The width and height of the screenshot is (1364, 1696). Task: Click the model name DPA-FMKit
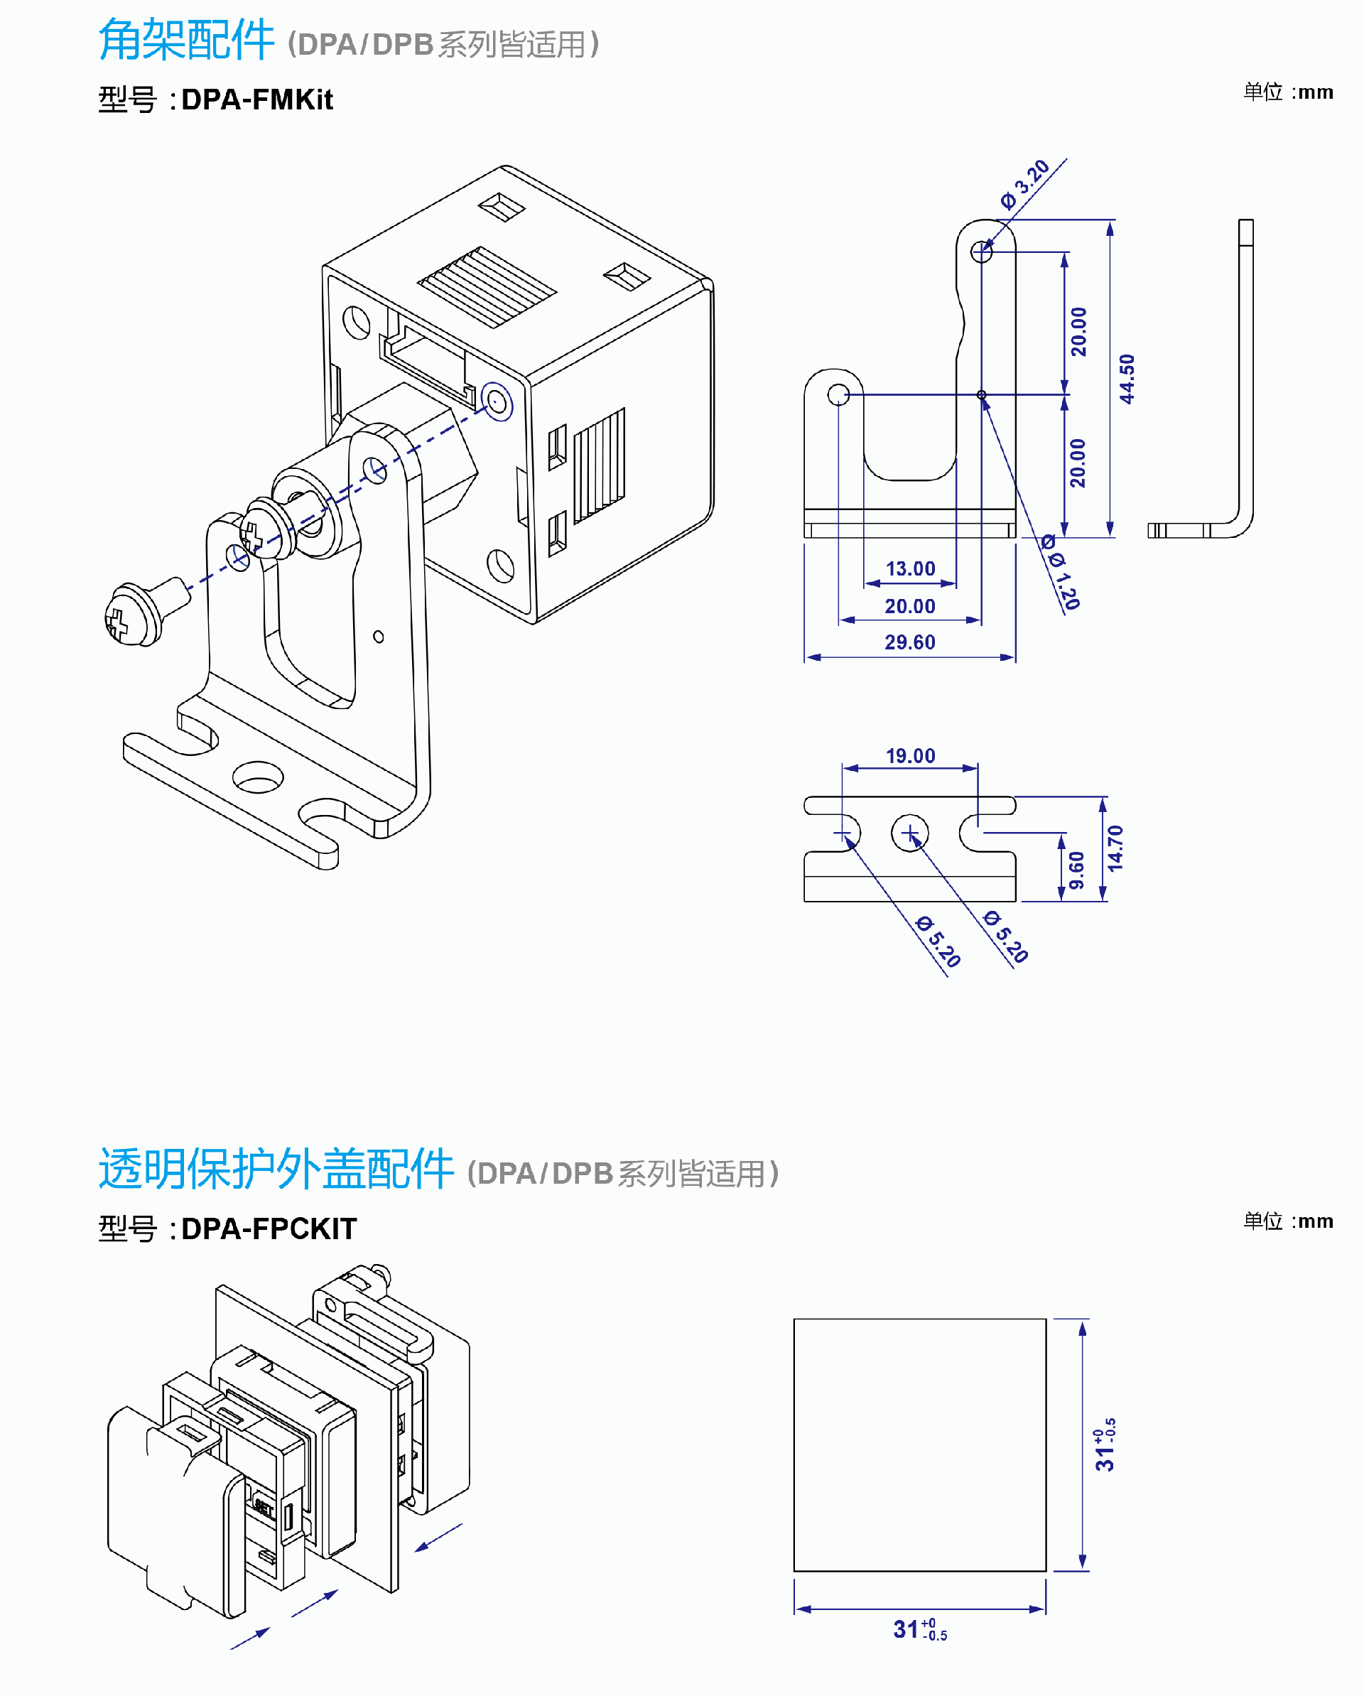pyautogui.click(x=256, y=100)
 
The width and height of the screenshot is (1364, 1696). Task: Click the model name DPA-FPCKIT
pyautogui.click(x=269, y=1228)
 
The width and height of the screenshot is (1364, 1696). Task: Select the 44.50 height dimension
pyautogui.click(x=1127, y=379)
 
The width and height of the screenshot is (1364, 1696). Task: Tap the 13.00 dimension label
pyautogui.click(x=910, y=568)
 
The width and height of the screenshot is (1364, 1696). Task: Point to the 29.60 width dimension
pyautogui.click(x=909, y=643)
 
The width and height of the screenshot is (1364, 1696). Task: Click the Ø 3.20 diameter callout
pyautogui.click(x=1025, y=184)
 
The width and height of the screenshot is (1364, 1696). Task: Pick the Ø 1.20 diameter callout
pyautogui.click(x=1062, y=575)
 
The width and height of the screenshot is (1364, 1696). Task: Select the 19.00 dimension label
pyautogui.click(x=910, y=756)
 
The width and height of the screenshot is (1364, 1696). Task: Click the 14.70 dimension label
pyautogui.click(x=1115, y=848)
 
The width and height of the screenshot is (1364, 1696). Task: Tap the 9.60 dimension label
pyautogui.click(x=1076, y=869)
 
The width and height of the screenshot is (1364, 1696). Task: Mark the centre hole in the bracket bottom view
pyautogui.click(x=910, y=832)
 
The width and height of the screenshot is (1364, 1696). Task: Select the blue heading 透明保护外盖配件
pyautogui.click(x=276, y=1169)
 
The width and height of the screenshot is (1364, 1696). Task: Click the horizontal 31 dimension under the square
pyautogui.click(x=919, y=1629)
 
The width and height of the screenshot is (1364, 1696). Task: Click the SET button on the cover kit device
pyautogui.click(x=263, y=1507)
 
